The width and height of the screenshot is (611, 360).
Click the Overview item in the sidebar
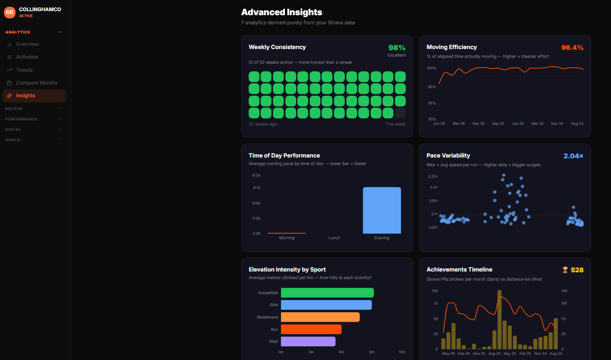click(27, 44)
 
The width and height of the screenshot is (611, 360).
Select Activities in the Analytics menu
click(27, 57)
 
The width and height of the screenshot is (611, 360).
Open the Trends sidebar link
click(24, 70)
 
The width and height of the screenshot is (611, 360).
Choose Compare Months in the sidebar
click(37, 83)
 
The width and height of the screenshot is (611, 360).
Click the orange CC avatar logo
click(10, 12)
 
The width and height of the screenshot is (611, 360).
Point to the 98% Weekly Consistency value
click(397, 48)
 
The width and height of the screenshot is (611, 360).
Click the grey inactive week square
click(400, 113)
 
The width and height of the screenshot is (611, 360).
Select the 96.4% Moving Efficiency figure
click(572, 48)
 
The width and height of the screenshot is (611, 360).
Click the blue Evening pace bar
click(382, 210)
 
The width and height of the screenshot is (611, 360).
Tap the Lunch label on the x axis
click(334, 238)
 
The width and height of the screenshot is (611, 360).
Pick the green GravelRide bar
click(327, 293)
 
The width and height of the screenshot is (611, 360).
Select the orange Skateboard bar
click(320, 317)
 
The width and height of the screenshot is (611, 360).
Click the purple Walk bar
click(308, 341)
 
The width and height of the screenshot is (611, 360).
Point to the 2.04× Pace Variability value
click(574, 156)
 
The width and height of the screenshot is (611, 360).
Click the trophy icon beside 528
click(565, 270)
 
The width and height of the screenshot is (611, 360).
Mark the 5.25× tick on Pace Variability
click(433, 177)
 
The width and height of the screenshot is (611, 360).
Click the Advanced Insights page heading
click(281, 12)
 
